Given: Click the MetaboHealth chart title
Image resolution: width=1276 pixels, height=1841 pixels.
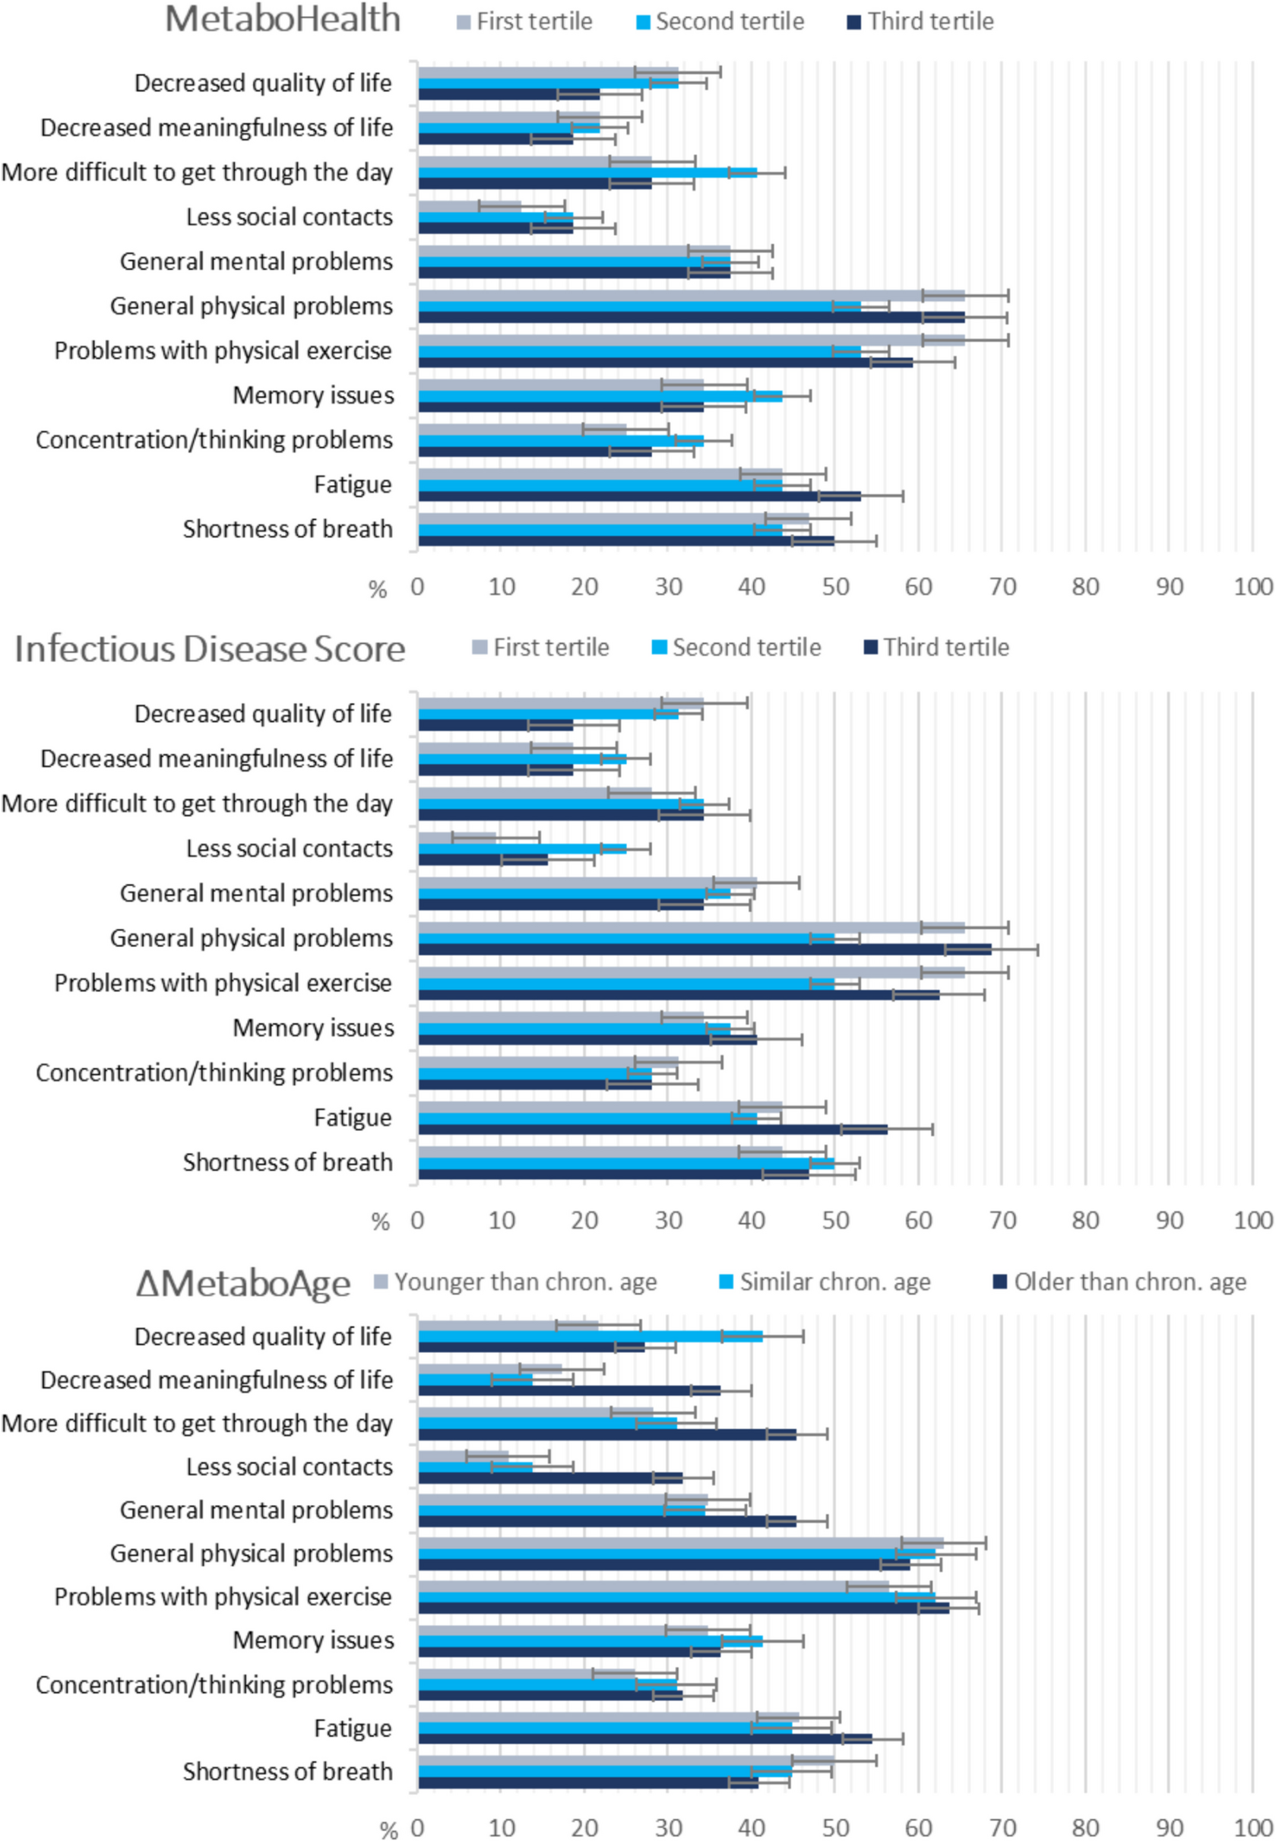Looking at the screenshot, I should click(282, 20).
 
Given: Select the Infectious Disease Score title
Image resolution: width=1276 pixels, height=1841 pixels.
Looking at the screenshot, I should click(211, 649).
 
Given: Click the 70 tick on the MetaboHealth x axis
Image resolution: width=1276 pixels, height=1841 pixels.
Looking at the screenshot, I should click(1002, 587).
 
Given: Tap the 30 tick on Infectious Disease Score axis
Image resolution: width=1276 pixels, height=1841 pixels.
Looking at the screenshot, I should click(668, 1221).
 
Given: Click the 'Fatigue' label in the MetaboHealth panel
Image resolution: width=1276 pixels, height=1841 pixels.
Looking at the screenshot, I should click(353, 485).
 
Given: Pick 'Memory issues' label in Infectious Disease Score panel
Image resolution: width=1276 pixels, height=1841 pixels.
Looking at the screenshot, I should click(313, 1028).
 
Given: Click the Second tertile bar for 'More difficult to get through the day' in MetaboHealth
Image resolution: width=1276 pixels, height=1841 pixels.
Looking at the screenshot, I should click(587, 173).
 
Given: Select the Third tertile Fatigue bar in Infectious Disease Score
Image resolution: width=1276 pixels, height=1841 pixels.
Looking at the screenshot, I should click(651, 1130).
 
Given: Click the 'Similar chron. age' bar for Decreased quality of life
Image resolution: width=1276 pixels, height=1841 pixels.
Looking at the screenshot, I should click(590, 1336).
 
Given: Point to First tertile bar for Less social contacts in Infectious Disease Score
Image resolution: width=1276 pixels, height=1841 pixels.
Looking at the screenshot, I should click(457, 838).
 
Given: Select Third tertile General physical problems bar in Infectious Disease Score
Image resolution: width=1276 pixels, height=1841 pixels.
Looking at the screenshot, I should click(704, 949).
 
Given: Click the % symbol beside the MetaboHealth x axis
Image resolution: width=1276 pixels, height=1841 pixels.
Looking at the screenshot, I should click(378, 590).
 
